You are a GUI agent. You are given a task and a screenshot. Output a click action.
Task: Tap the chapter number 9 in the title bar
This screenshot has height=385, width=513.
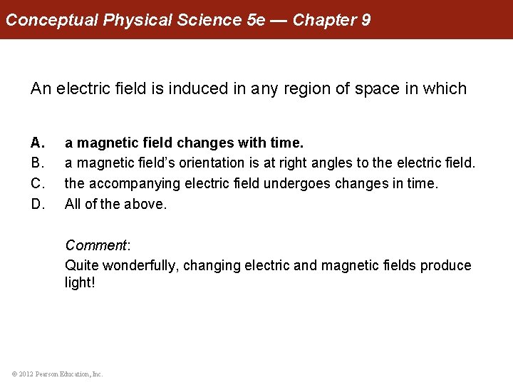[x=366, y=19]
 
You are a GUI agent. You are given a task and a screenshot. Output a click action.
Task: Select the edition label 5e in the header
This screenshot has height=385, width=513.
[x=255, y=19]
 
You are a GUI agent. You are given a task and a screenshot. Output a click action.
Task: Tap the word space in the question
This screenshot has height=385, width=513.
[x=373, y=89]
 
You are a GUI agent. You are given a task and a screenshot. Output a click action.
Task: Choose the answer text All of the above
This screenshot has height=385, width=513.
[x=116, y=205]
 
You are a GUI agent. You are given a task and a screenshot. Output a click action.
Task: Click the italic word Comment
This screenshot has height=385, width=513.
[x=95, y=245]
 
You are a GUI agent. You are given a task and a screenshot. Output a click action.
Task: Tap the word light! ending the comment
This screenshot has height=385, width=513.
[x=80, y=283]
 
